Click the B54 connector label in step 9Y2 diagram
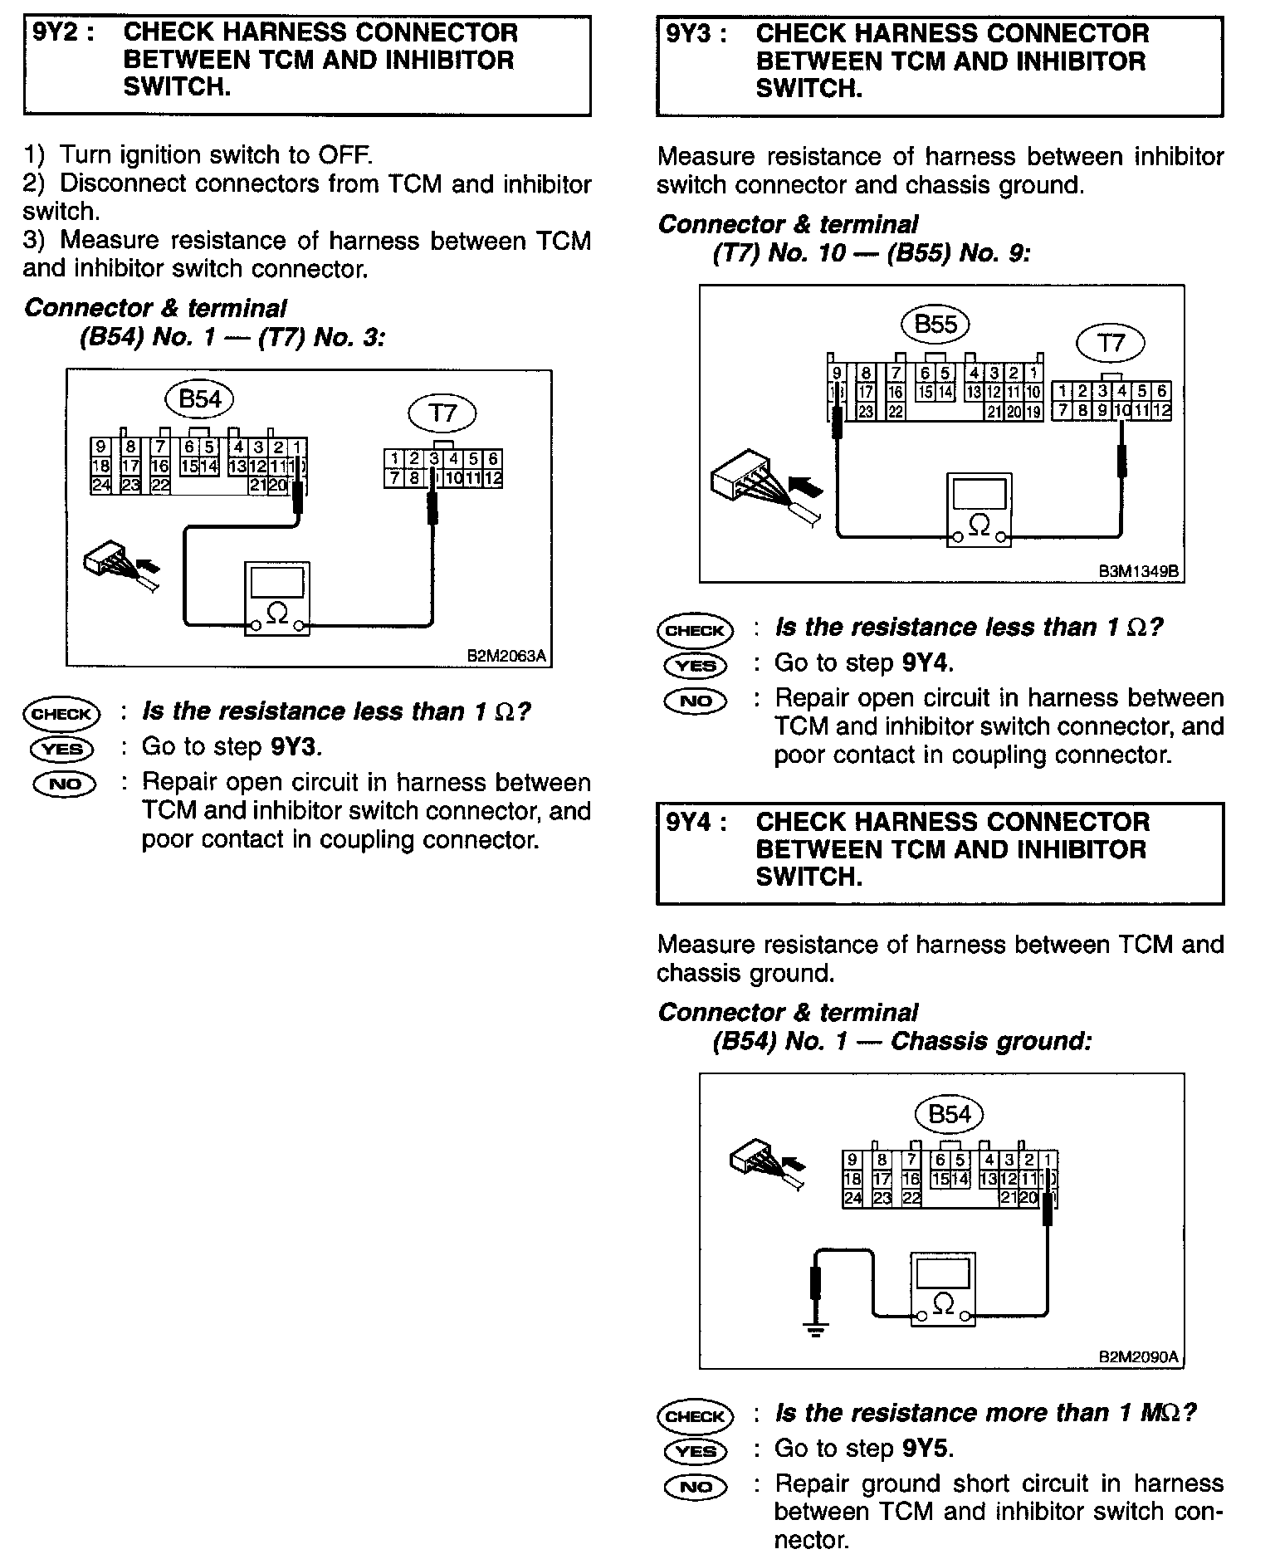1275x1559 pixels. point(200,399)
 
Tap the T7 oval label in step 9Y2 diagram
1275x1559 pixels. point(443,413)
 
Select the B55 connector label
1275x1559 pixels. point(935,325)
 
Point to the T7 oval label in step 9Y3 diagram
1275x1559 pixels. point(1110,343)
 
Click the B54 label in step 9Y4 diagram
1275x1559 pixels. point(949,1114)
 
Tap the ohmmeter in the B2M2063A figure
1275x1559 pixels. point(277,599)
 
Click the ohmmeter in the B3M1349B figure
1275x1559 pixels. point(979,510)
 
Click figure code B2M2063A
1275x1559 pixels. point(506,656)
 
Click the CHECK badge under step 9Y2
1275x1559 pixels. point(62,714)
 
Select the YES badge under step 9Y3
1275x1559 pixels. point(695,665)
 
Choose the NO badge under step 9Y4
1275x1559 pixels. point(695,1487)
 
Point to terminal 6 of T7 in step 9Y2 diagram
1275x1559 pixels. point(493,459)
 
